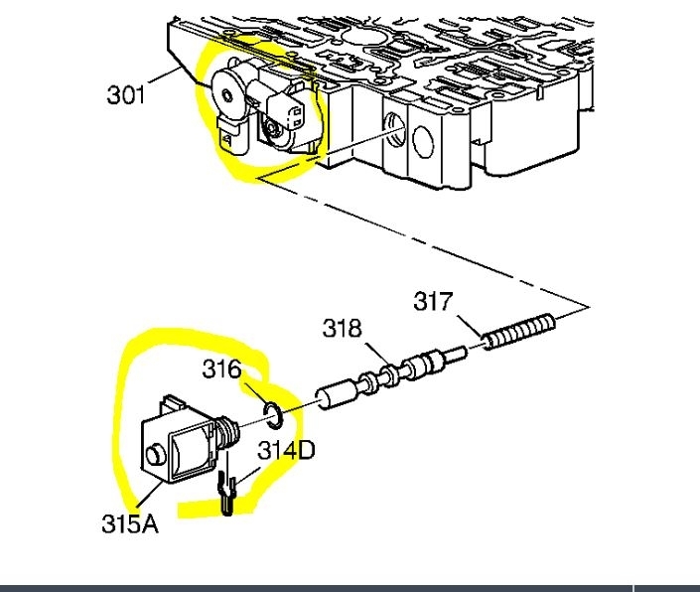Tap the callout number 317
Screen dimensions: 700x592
(x=433, y=300)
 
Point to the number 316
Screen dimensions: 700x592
(x=221, y=369)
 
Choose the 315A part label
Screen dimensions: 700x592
(x=129, y=523)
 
